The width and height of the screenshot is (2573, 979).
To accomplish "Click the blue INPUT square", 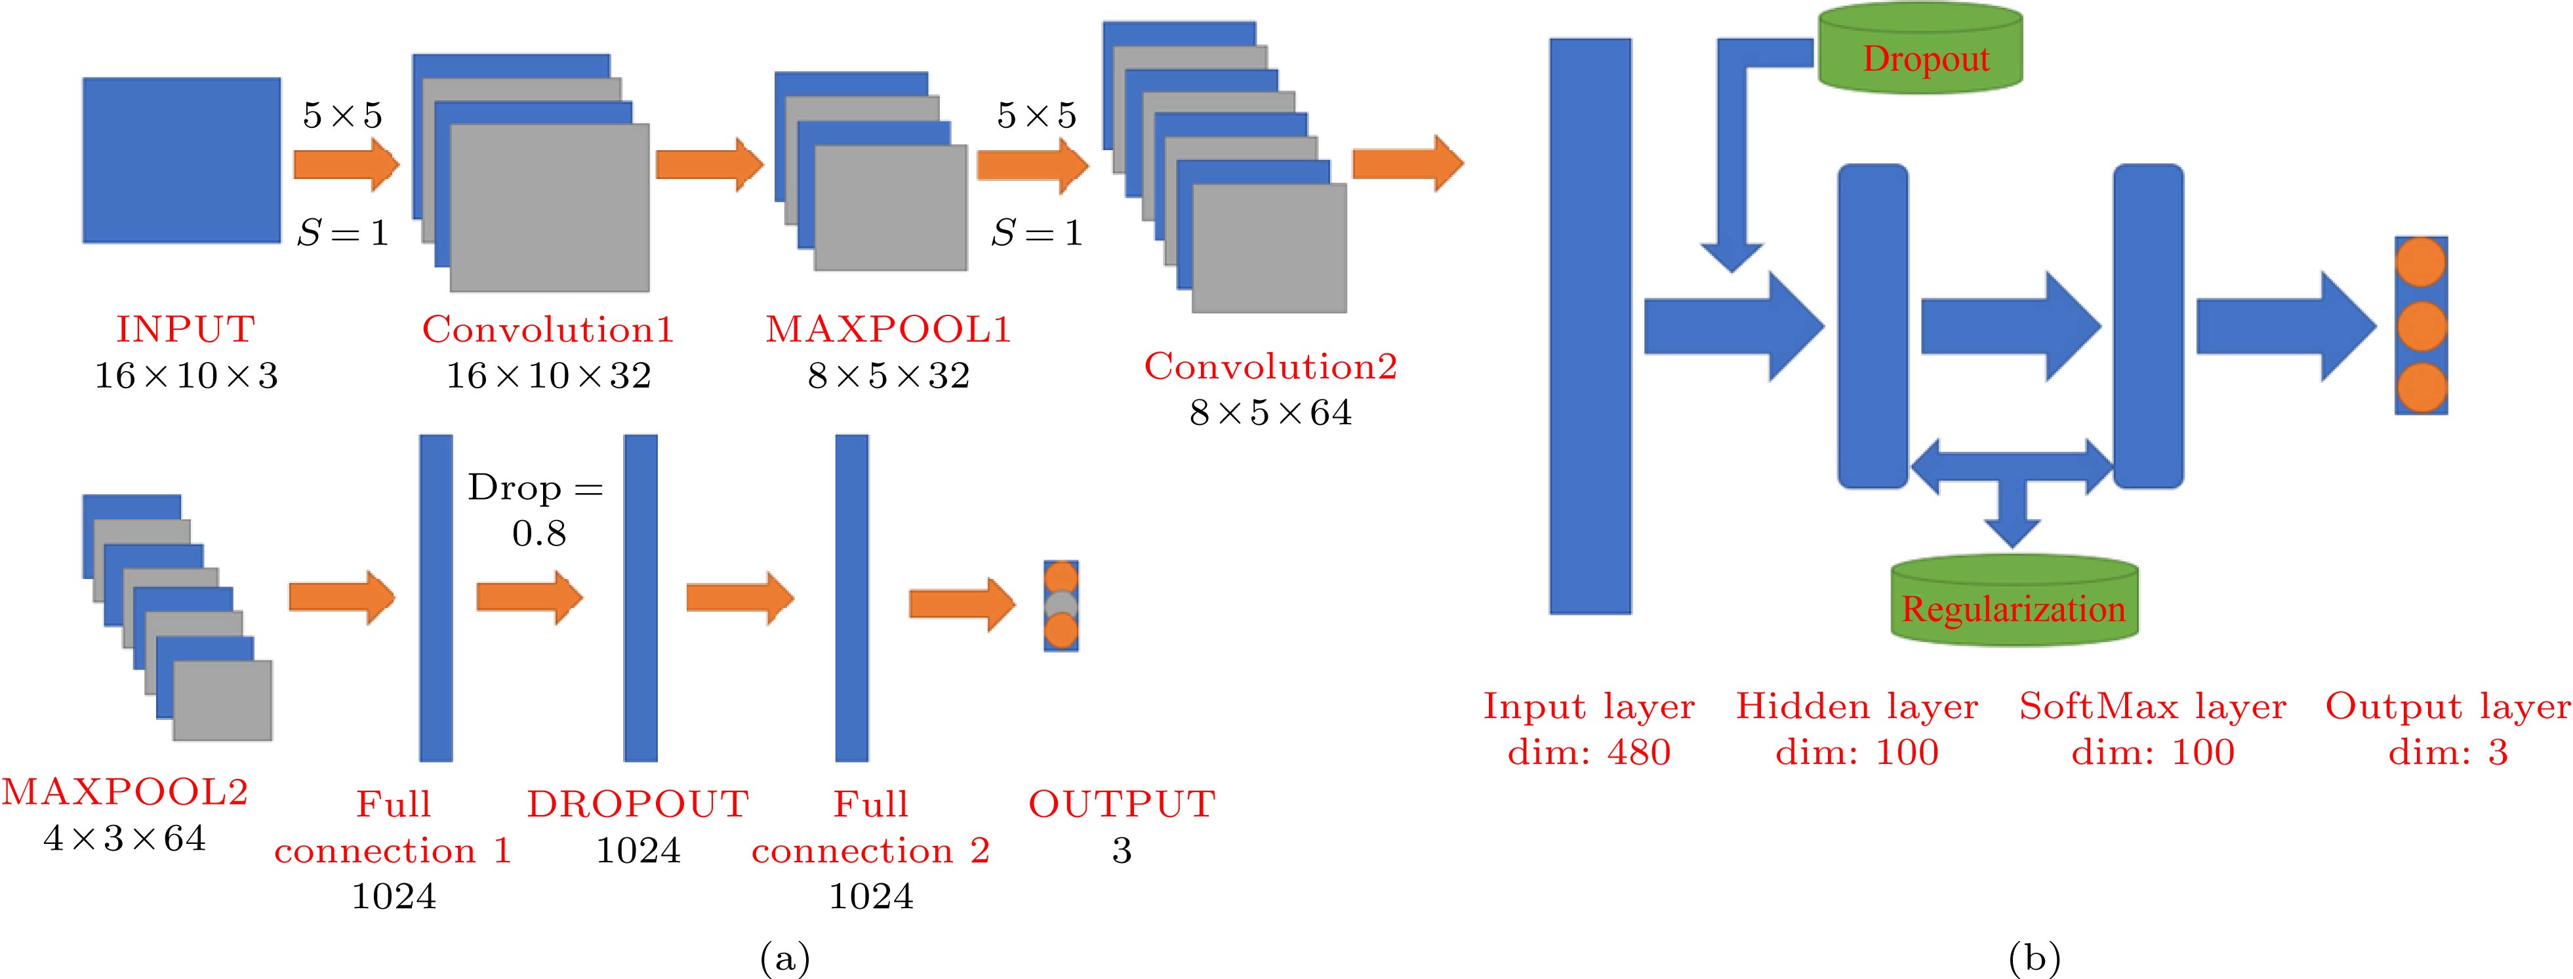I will click(x=181, y=160).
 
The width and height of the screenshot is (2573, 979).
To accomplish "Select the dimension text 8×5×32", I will click(x=888, y=376).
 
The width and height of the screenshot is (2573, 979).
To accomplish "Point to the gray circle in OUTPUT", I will click(x=1061, y=605).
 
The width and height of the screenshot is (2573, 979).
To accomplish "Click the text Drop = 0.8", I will click(x=537, y=509).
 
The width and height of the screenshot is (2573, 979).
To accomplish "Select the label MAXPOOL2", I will click(x=125, y=791).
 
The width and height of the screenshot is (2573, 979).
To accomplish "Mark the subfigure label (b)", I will click(x=2034, y=959).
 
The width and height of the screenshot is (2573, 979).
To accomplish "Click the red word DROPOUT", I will click(x=638, y=804).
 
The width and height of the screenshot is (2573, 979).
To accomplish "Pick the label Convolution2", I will click(x=1270, y=367).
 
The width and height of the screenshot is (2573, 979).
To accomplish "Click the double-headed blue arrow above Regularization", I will click(x=2011, y=466).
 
